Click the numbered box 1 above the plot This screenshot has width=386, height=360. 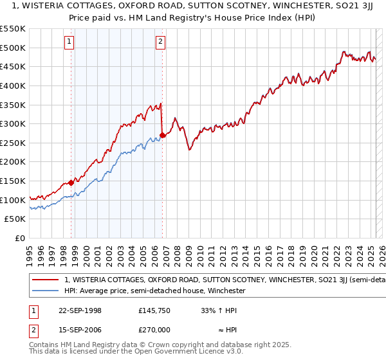(69, 43)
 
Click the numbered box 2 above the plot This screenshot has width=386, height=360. (160, 43)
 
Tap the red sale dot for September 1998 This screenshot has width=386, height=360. (71, 183)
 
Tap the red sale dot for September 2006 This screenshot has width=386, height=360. (162, 135)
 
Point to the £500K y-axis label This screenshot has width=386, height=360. (14, 48)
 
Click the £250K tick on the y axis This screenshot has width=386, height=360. (14, 143)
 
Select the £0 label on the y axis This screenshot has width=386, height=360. (21, 238)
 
